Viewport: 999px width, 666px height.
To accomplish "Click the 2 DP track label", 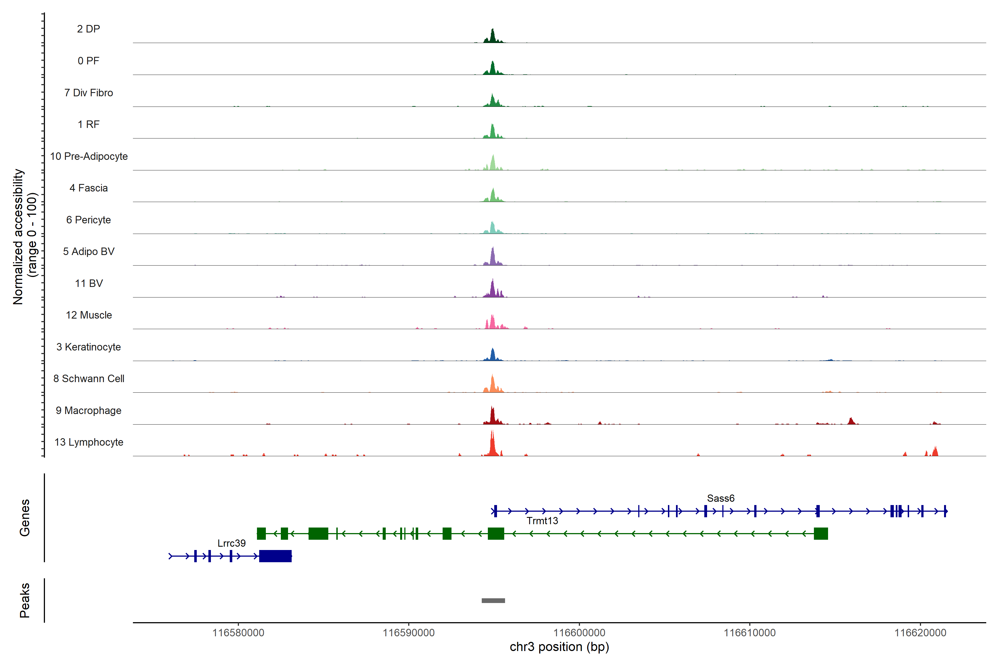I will (88, 29).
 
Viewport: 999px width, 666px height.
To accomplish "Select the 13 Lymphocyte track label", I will (89, 442).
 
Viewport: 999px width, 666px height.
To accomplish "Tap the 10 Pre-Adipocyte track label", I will (89, 156).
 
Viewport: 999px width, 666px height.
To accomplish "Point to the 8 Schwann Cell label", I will (89, 379).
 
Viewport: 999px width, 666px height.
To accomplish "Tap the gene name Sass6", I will (720, 498).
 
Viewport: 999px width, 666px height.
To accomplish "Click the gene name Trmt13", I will (542, 521).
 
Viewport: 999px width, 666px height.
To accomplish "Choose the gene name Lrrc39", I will (231, 543).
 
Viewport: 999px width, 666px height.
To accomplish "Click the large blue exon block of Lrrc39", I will (275, 556).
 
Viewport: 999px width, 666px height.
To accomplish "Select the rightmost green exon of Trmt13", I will (821, 533).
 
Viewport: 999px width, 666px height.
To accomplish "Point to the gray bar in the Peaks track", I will (493, 601).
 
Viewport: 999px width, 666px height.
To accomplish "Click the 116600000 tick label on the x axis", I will (579, 633).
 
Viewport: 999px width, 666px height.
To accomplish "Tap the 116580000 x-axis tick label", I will (238, 633).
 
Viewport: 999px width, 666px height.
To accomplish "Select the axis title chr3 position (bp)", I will (559, 647).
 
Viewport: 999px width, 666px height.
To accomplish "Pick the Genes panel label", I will (25, 518).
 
